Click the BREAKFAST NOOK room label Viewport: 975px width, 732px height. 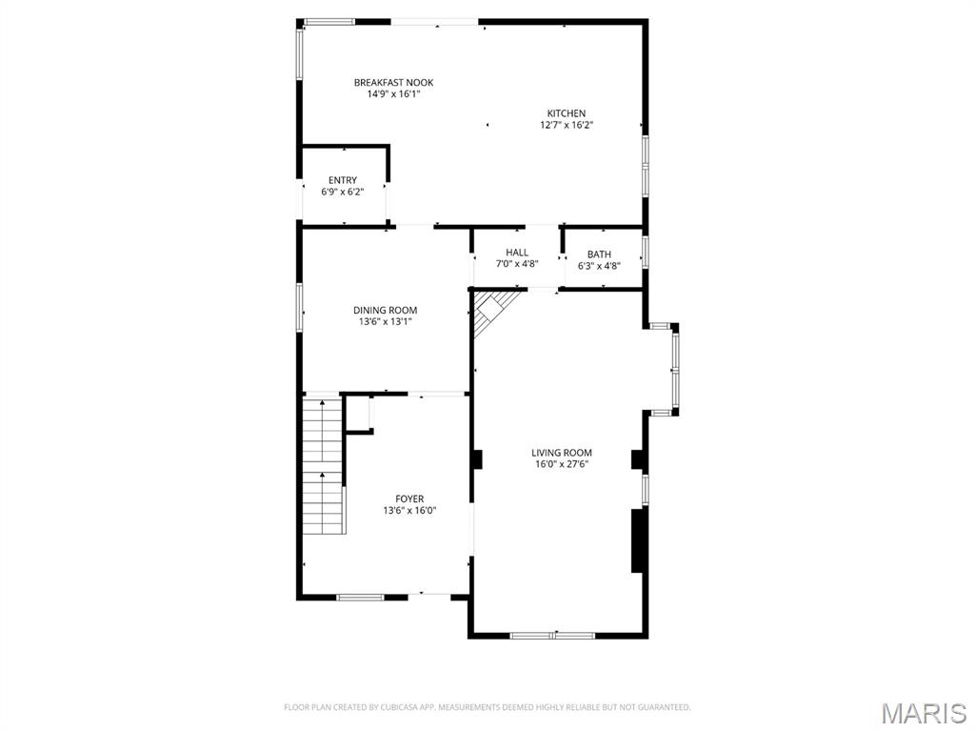[x=393, y=83]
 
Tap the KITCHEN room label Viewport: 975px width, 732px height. [x=566, y=113]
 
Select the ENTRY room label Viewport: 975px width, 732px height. [x=343, y=180]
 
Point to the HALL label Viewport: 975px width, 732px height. [x=517, y=253]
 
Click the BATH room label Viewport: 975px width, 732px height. [x=599, y=254]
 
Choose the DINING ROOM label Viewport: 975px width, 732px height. [x=385, y=310]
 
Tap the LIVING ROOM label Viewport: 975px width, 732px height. [x=562, y=453]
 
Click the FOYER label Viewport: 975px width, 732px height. [x=409, y=498]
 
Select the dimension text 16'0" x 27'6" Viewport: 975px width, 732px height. [x=562, y=464]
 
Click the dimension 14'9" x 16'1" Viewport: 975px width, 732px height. [x=393, y=94]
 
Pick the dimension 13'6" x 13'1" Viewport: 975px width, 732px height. [x=385, y=321]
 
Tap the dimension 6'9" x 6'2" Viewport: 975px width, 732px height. [x=343, y=192]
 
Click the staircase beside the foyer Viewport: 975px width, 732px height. [x=322, y=467]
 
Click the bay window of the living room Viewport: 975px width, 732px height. [x=675, y=369]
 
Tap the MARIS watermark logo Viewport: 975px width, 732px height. [x=923, y=712]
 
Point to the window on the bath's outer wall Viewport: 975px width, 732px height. [x=646, y=253]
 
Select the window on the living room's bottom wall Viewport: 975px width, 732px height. [x=552, y=635]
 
